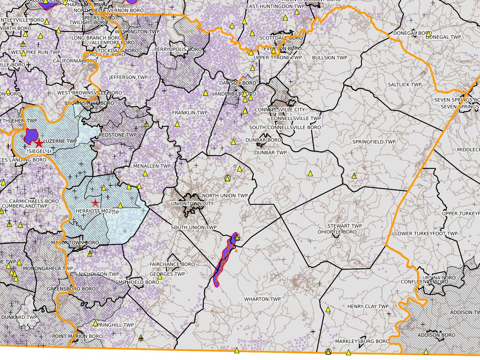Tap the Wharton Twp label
(x=262, y=299)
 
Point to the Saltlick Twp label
(x=405, y=85)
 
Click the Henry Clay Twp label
(x=368, y=307)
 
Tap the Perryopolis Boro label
(x=178, y=49)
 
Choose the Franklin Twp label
(x=190, y=113)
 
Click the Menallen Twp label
(x=152, y=166)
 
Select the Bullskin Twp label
(x=329, y=58)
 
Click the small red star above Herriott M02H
(x=95, y=203)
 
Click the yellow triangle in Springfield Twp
(x=310, y=173)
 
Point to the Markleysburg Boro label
(x=362, y=341)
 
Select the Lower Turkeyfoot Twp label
(x=426, y=234)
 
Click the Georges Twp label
(x=168, y=274)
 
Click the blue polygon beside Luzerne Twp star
(x=29, y=136)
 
